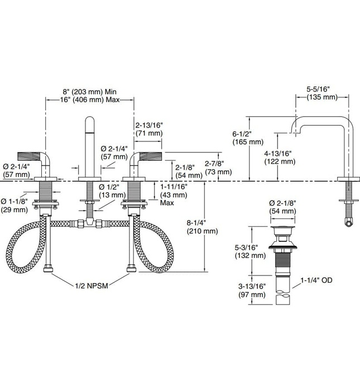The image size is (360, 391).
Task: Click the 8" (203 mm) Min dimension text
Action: [x=89, y=92]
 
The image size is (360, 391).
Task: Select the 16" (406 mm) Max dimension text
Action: [x=90, y=100]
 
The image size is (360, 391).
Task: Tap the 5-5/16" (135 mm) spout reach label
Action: [x=321, y=93]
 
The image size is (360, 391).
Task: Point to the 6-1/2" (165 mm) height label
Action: [x=248, y=137]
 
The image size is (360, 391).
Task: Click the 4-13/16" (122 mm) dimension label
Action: [x=280, y=158]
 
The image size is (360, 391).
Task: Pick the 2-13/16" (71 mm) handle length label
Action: [x=149, y=129]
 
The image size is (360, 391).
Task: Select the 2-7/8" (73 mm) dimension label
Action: [x=218, y=168]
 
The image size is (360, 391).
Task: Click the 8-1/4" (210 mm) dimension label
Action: [x=202, y=227]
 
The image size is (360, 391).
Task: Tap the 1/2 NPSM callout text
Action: [x=92, y=285]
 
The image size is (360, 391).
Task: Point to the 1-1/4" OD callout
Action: [x=316, y=280]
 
